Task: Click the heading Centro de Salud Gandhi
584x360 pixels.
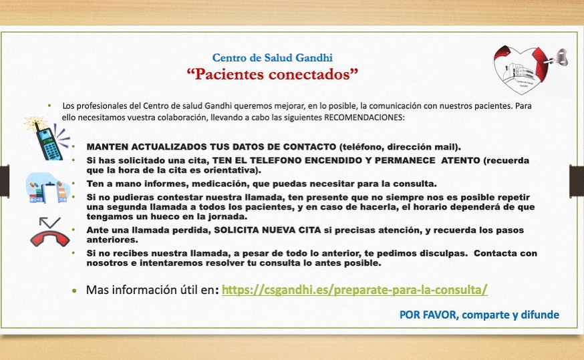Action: pos(272,57)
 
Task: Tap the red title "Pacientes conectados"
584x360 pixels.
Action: pos(272,74)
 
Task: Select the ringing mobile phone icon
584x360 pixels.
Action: pos(47,138)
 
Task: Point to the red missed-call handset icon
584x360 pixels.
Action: pos(50,232)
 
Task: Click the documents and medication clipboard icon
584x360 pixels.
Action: pos(47,188)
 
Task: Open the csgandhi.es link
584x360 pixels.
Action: pos(354,290)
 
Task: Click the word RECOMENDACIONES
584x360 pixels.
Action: pos(364,118)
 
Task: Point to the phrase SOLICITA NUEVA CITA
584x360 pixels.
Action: pos(267,230)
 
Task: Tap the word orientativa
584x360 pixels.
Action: pos(232,170)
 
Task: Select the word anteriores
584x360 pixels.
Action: pos(112,240)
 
